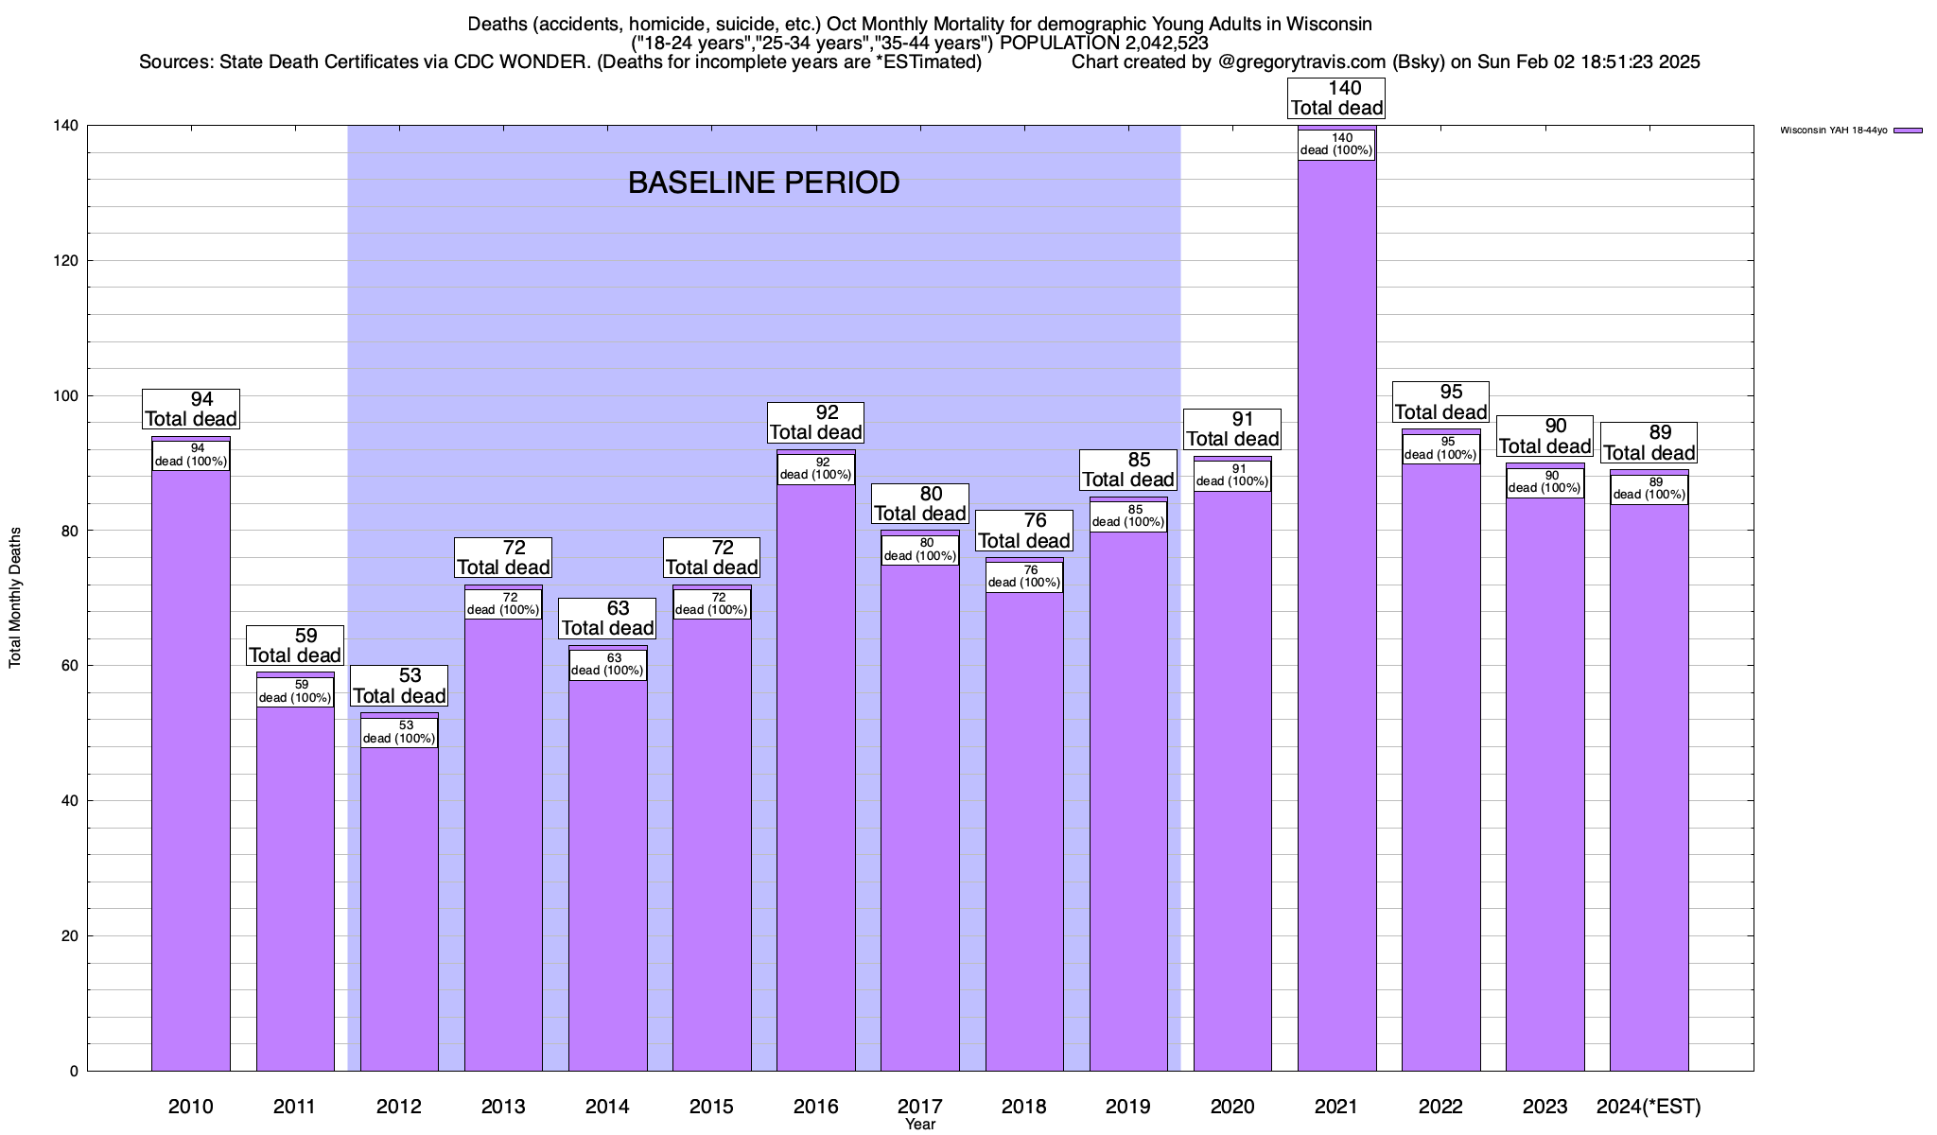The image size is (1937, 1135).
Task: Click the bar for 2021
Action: tap(1336, 615)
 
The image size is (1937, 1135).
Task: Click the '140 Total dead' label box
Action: tap(1336, 98)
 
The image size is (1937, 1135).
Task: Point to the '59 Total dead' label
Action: tap(295, 646)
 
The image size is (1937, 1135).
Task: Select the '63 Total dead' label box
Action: tap(607, 619)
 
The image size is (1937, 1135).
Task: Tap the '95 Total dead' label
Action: tap(1440, 402)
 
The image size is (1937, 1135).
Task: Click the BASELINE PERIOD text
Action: tap(763, 183)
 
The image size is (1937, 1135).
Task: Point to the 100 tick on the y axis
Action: tap(69, 396)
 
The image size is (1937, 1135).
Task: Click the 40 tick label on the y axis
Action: tap(69, 801)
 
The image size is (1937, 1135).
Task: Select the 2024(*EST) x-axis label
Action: tap(1649, 1107)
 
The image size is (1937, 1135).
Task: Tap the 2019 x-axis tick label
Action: tap(1128, 1107)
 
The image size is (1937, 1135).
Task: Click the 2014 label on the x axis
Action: tap(607, 1107)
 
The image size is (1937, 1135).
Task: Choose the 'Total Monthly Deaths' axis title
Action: tap(15, 597)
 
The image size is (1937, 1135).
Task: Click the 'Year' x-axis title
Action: tap(919, 1125)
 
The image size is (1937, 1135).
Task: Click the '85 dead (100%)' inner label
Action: tap(1128, 516)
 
